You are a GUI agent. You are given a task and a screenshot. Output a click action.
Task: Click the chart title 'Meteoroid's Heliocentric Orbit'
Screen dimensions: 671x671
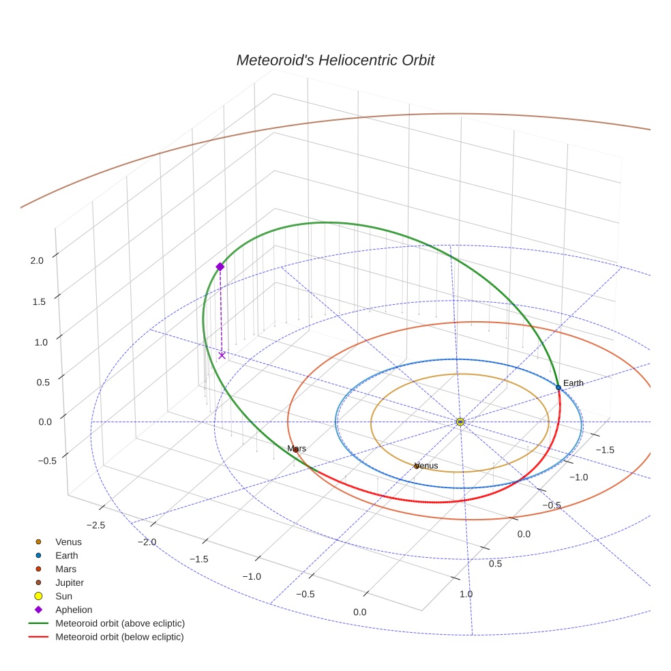point(335,61)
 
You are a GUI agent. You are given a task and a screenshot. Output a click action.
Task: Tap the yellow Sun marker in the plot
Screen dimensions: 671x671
point(460,422)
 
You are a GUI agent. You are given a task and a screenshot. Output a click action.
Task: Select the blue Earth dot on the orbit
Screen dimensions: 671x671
point(558,387)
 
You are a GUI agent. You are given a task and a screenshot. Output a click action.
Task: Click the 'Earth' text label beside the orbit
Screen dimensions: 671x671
point(573,383)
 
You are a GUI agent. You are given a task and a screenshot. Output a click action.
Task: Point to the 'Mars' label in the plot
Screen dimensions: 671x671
point(297,449)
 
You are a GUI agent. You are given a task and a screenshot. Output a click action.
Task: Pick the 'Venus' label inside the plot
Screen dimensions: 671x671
point(426,466)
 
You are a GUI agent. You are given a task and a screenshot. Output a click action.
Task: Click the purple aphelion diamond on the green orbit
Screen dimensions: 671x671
point(220,267)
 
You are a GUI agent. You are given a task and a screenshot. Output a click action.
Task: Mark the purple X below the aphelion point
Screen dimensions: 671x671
point(222,355)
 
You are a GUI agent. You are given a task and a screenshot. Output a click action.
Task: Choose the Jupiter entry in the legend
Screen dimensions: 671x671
point(69,582)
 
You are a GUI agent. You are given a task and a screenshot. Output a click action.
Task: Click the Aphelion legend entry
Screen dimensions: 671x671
point(73,610)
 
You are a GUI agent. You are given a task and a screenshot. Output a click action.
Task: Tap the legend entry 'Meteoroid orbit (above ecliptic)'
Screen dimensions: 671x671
point(120,623)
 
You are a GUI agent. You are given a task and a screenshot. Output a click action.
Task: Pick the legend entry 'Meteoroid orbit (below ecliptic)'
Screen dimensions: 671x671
point(119,637)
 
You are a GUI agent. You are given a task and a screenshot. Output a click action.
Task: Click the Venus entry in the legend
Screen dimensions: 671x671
point(68,541)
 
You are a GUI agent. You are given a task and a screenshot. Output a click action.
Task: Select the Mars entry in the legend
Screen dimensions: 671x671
point(65,569)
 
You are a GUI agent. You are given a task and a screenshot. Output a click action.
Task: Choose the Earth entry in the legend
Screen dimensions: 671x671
point(66,555)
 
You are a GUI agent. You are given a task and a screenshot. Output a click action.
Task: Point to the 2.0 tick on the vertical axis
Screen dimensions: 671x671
point(37,260)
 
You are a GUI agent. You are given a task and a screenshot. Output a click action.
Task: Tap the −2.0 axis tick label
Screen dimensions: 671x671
point(147,542)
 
